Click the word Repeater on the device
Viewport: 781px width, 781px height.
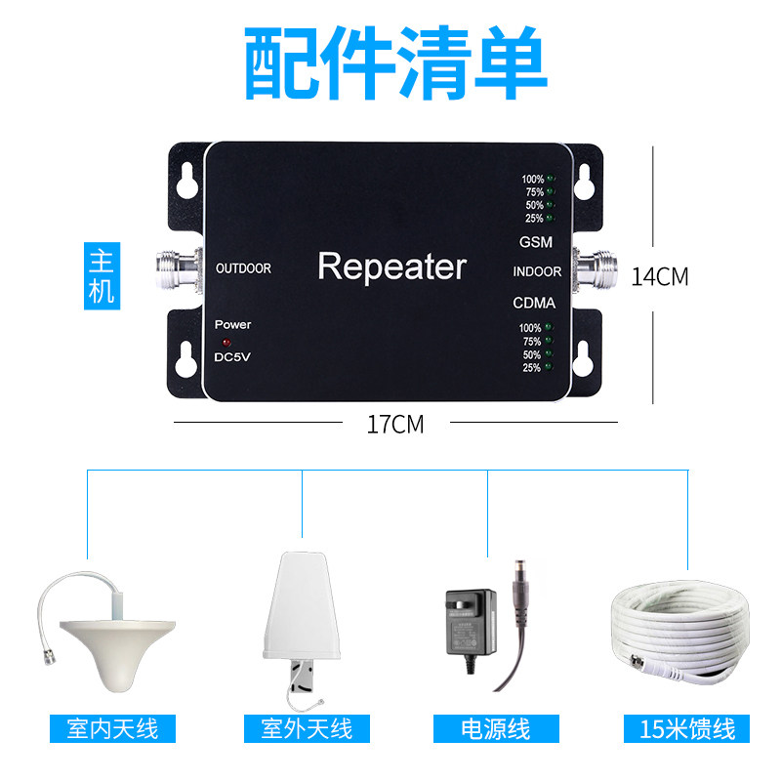click(392, 267)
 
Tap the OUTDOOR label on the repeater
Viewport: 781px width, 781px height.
click(243, 267)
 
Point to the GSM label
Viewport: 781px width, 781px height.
click(535, 241)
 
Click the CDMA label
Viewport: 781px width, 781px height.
click(534, 303)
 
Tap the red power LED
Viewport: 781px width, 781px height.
click(226, 343)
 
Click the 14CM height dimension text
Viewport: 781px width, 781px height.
click(659, 276)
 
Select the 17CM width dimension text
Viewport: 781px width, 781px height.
click(394, 424)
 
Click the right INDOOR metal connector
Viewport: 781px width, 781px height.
click(599, 269)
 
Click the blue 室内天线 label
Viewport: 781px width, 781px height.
click(113, 728)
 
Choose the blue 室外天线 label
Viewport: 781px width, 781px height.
click(307, 728)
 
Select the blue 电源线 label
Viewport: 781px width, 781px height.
click(496, 728)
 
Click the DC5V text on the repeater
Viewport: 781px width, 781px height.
click(232, 357)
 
